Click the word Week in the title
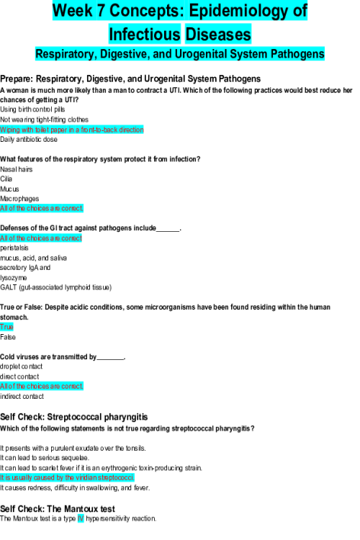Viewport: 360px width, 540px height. click(x=73, y=11)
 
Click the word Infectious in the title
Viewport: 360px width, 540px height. click(x=145, y=34)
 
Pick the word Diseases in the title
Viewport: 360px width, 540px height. click(x=218, y=34)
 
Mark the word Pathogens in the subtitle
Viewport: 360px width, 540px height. click(x=297, y=54)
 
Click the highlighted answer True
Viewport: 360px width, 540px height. click(x=6, y=327)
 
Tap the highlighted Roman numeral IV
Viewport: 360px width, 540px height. click(x=81, y=518)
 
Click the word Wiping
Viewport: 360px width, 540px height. click(x=10, y=130)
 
